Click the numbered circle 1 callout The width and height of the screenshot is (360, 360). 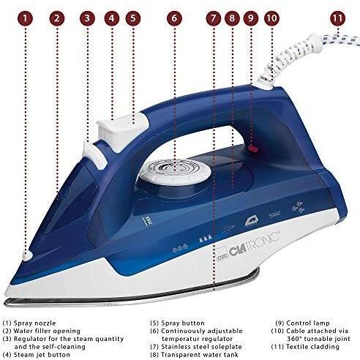tap(25, 18)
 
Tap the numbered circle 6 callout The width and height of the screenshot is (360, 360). tap(174, 18)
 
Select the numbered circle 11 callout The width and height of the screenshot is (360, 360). tap(338, 18)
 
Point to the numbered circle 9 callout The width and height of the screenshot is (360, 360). tap(251, 18)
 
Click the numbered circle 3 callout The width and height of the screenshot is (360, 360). tap(87, 18)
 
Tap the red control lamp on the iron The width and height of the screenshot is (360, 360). tap(253, 149)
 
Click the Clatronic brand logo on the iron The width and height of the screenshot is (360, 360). tap(248, 247)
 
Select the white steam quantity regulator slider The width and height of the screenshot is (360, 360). tap(94, 155)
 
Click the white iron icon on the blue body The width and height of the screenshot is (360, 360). tap(252, 222)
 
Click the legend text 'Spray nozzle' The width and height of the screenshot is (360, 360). tap(34, 323)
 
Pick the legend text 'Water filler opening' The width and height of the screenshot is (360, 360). tap(47, 331)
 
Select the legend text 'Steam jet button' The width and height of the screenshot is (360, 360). tap(42, 354)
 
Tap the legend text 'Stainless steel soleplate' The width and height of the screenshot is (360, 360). tap(201, 347)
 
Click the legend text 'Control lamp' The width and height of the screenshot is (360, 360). tap(308, 323)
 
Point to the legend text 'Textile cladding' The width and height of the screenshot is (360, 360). tap(312, 347)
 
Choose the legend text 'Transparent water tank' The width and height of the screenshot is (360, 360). tap(200, 354)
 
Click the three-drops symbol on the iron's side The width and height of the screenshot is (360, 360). tap(206, 239)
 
